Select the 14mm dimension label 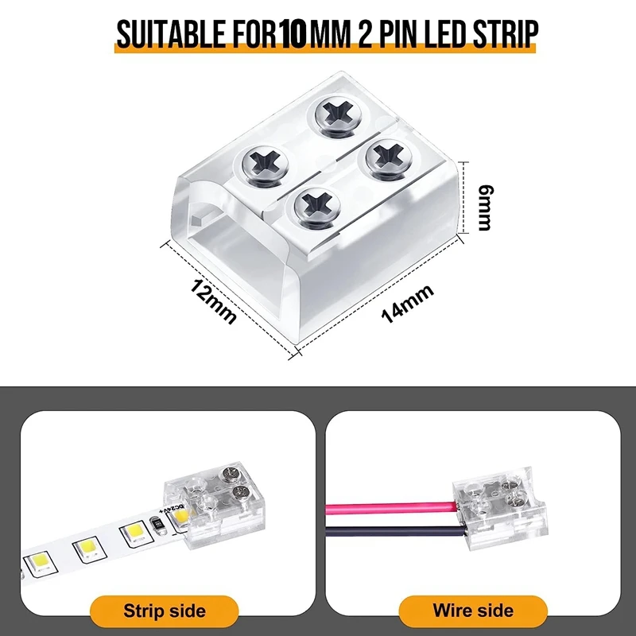tap(408, 302)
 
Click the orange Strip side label tap(165, 611)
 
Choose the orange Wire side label tap(473, 611)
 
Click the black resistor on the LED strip tap(158, 525)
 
